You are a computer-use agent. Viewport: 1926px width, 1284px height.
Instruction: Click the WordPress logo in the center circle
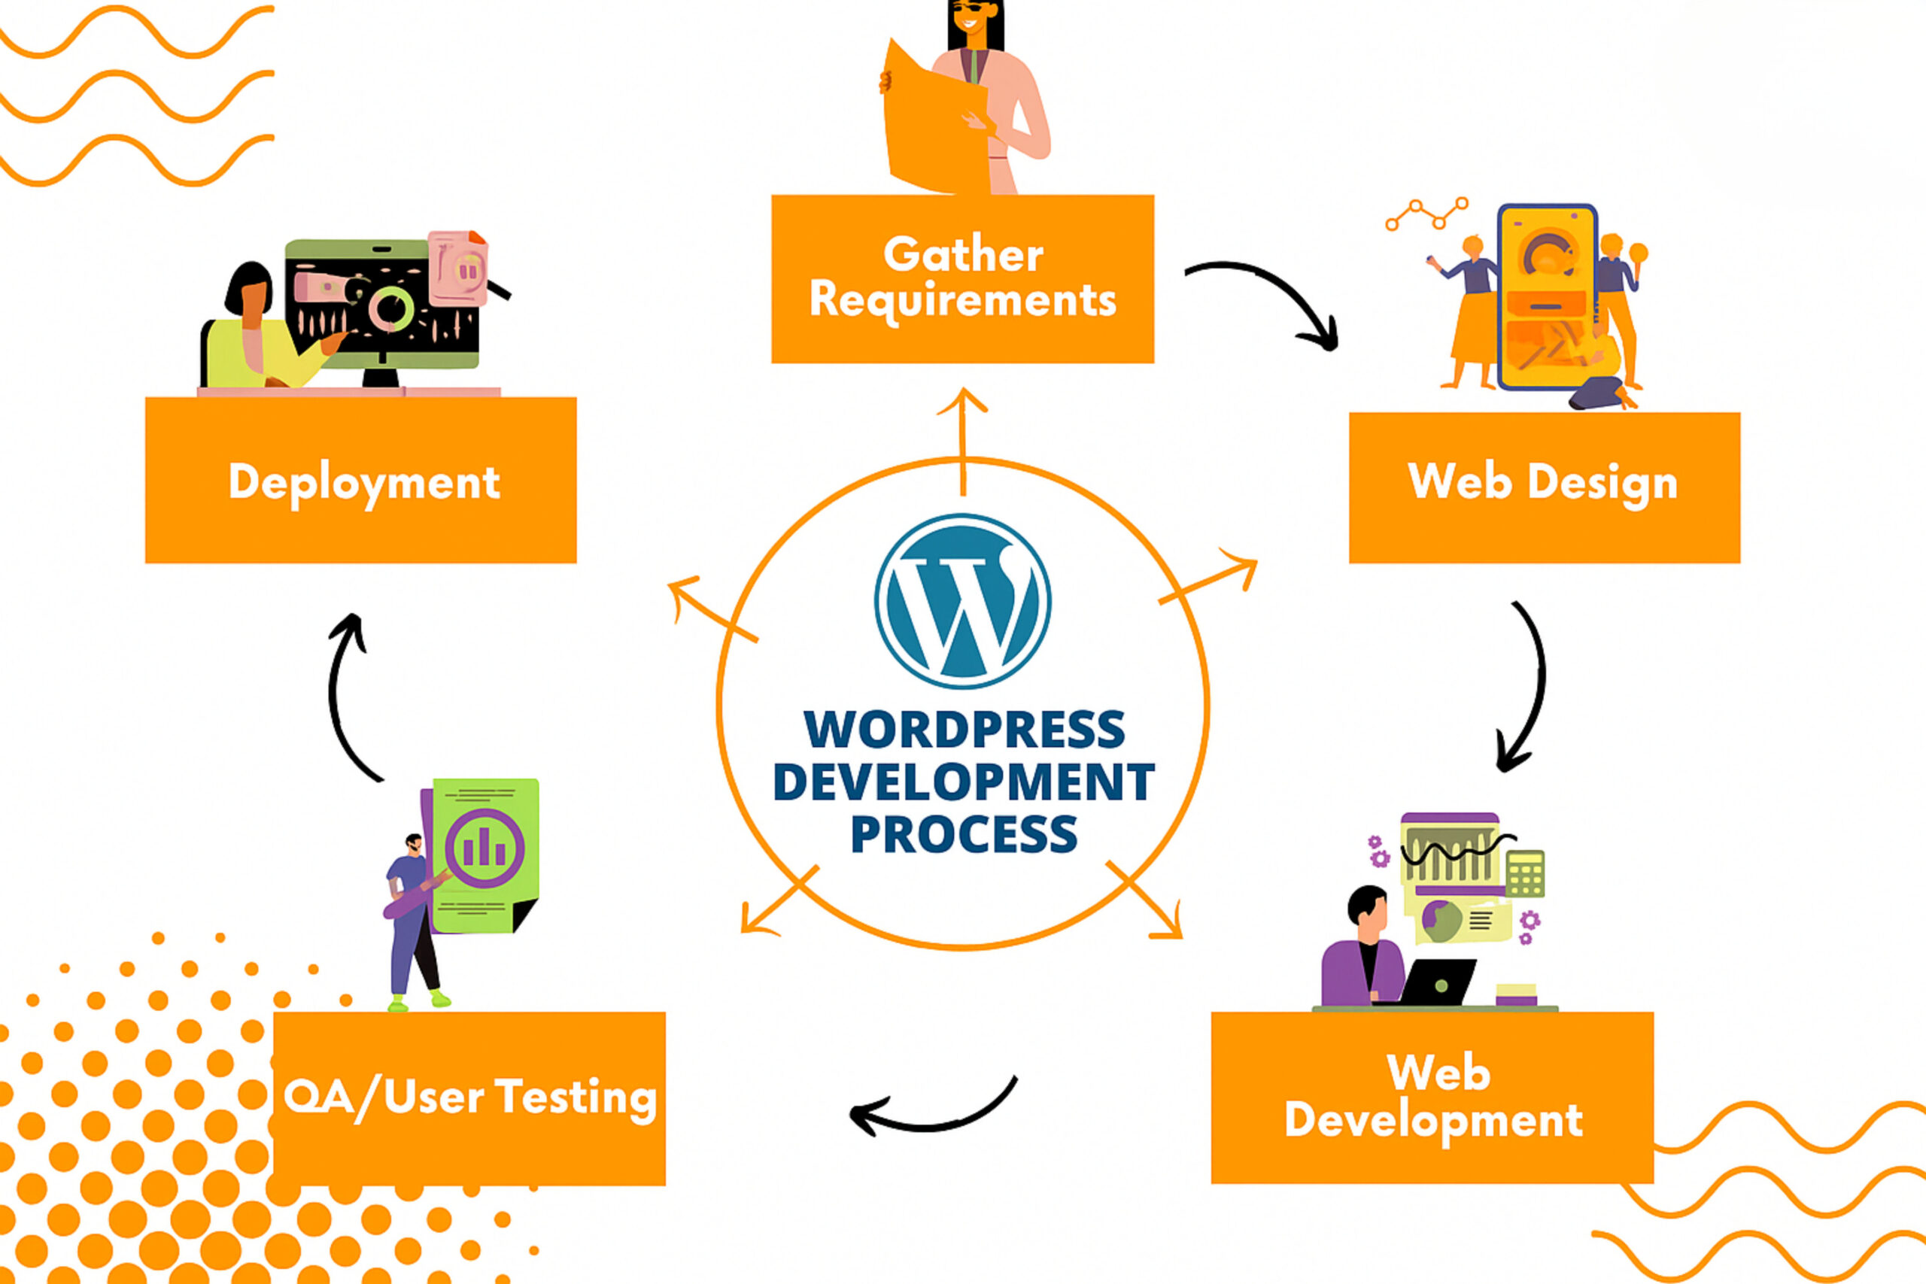[962, 601]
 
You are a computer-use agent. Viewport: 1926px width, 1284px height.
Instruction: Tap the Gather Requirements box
[962, 278]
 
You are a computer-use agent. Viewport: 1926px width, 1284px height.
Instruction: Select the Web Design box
[1544, 487]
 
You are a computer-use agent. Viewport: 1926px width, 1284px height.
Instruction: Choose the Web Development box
[1432, 1097]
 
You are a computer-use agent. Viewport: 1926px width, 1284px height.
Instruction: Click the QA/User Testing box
[469, 1098]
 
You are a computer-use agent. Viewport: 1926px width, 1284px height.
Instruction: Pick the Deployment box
[360, 481]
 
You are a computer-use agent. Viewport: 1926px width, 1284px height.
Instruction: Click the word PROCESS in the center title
[963, 834]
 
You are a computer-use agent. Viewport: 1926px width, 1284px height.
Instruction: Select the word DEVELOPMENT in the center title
[963, 782]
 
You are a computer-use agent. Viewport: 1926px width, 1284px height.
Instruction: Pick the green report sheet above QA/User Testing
[485, 855]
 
